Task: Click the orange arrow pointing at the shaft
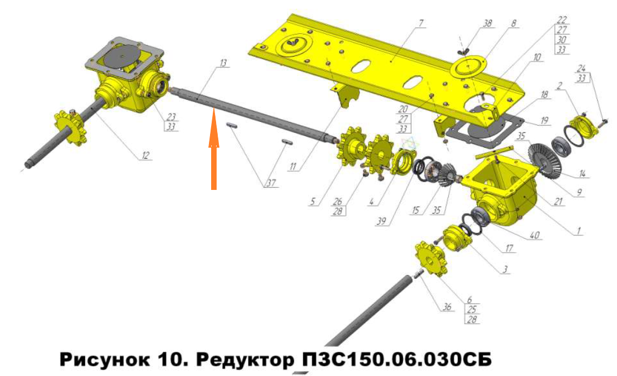tap(214, 149)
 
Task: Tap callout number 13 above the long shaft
tap(223, 63)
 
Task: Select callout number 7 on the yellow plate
tap(421, 23)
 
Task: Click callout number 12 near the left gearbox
tap(145, 155)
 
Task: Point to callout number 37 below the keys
tap(271, 183)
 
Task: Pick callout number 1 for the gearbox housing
tap(579, 231)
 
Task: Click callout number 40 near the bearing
tap(534, 235)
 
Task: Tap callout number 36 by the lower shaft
tap(447, 307)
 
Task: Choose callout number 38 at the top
tap(487, 23)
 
